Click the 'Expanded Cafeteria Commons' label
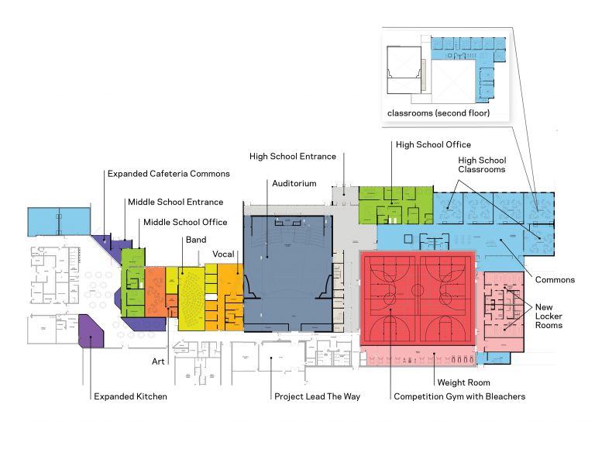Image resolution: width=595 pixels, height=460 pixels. point(162,175)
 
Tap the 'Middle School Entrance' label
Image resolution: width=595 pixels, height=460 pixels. point(175,202)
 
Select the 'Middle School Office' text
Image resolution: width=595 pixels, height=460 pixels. point(184,222)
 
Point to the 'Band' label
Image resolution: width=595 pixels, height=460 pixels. point(194,240)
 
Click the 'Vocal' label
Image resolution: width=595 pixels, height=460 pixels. point(223,254)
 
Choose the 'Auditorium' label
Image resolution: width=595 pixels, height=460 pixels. point(294,184)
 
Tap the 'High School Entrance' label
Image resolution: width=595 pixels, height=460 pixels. point(292,156)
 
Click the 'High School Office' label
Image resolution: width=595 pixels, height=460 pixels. point(432,144)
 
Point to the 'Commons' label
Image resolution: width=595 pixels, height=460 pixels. point(555,279)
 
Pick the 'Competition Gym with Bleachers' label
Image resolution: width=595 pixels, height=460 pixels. point(459,396)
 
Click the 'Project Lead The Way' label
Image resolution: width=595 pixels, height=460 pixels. point(318,396)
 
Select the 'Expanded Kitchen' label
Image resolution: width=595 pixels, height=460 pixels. point(130,396)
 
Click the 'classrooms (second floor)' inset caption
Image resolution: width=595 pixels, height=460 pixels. point(439,113)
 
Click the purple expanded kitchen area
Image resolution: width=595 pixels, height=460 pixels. point(91,330)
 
